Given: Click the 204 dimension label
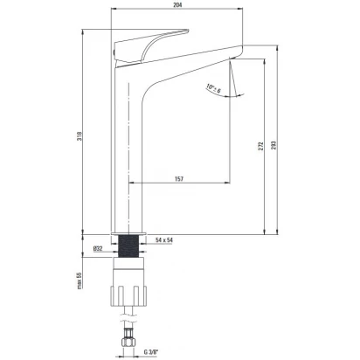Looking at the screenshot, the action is click(x=177, y=4).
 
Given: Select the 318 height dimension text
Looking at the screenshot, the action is click(x=80, y=136).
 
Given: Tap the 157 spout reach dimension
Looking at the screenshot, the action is click(x=179, y=178).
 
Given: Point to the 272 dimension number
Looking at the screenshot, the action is click(x=260, y=146).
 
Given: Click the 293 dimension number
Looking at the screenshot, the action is click(x=273, y=145).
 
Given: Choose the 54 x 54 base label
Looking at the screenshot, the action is click(x=164, y=240).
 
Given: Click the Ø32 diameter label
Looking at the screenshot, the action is click(x=98, y=248).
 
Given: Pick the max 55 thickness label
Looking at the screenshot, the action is click(x=80, y=280).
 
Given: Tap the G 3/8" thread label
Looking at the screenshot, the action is click(x=150, y=351).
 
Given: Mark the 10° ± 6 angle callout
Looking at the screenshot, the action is click(x=213, y=88).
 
